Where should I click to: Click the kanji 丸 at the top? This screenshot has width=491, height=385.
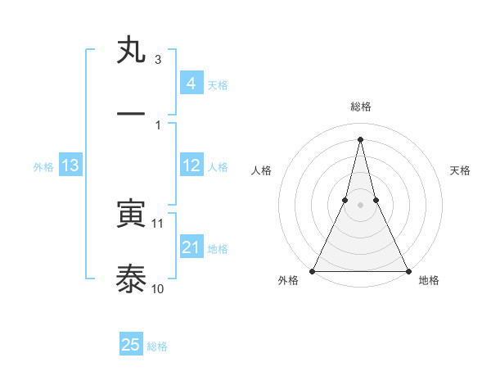click(132, 51)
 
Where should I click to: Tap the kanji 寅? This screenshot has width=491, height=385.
click(132, 215)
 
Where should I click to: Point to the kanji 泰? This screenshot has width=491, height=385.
click(132, 279)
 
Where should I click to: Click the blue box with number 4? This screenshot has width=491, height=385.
click(191, 83)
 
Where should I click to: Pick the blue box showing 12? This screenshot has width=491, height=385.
click(191, 165)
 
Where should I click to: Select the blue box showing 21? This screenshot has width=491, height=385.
click(191, 247)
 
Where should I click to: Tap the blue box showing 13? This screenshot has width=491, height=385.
click(70, 165)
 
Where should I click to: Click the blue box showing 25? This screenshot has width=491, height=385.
click(131, 345)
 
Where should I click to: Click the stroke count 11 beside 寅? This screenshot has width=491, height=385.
click(158, 223)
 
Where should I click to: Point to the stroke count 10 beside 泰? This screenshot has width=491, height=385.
click(158, 288)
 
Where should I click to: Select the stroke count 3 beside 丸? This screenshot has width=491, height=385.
click(158, 60)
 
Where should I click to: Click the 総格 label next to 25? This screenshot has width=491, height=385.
click(157, 346)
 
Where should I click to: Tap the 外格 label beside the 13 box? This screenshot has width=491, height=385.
click(43, 167)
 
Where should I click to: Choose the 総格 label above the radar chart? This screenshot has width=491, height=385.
click(360, 106)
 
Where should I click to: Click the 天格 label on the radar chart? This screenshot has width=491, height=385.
click(460, 170)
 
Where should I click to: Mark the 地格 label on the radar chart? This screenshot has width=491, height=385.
click(429, 280)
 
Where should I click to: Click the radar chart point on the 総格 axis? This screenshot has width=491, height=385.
click(360, 138)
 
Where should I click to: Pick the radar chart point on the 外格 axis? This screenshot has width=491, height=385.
click(313, 270)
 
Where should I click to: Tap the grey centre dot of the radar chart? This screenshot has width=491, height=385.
click(360, 205)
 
